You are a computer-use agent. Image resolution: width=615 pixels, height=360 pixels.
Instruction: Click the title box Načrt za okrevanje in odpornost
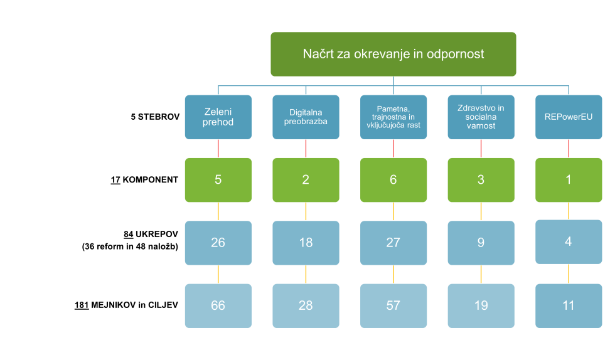pos(393,54)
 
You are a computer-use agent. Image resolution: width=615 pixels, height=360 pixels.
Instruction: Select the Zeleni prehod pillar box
pos(218,117)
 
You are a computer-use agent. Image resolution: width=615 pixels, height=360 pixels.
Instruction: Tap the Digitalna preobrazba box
pos(306,117)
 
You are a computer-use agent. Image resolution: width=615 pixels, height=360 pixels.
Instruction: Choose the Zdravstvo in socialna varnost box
pos(481,117)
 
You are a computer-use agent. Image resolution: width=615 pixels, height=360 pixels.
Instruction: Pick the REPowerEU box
pos(569,117)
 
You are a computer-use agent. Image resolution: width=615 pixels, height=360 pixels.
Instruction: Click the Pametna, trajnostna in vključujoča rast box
pos(393,117)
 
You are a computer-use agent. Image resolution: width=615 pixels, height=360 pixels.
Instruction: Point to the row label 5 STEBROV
pos(154,117)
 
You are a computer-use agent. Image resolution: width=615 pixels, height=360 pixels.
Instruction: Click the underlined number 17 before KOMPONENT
pos(115,179)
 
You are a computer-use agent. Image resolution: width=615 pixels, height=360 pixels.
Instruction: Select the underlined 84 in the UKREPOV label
pos(129,235)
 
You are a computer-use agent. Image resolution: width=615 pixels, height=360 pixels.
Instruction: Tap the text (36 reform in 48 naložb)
pos(130,246)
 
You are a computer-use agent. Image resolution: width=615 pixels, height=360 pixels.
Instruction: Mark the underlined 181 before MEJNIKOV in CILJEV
pos(81,305)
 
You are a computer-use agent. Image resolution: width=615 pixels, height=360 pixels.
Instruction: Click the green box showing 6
pos(393,180)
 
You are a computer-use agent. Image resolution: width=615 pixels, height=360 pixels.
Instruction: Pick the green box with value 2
pos(306,180)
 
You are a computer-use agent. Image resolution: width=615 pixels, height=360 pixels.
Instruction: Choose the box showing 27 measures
pos(393,242)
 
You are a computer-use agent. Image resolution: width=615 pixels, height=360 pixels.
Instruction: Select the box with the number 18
pos(306,242)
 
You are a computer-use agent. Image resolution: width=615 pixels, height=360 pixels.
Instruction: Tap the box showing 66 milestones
pos(218,305)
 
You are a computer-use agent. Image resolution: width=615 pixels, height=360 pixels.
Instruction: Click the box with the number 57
pos(393,305)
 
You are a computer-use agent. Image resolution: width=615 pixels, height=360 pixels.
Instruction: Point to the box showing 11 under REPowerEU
pos(569,305)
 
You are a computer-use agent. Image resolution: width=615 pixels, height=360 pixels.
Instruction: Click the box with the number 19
pos(481,305)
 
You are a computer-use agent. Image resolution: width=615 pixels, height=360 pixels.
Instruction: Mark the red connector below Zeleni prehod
pos(218,148)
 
